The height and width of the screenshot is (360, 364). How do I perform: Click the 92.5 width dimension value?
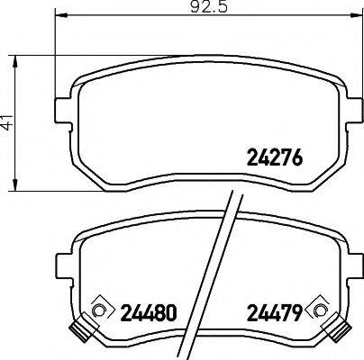tap(187, 9)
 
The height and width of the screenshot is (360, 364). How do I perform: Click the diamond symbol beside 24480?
tap(100, 310)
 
